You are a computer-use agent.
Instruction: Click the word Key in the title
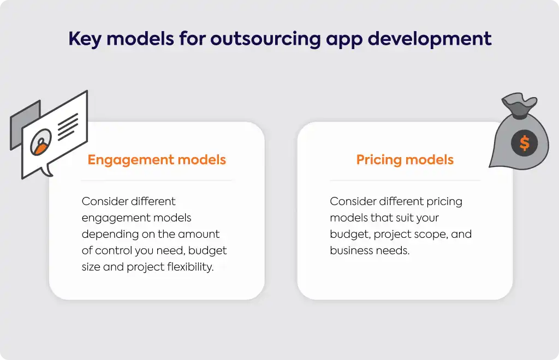tap(85, 39)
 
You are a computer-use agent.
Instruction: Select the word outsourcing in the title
tap(266, 39)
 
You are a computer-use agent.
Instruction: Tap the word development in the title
tap(430, 39)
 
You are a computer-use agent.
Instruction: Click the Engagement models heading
tap(157, 160)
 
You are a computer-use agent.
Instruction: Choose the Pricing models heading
tap(405, 160)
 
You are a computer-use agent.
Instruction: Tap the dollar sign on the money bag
tap(525, 143)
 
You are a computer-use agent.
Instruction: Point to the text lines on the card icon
tap(68, 127)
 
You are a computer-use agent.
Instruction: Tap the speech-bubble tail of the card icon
tap(47, 170)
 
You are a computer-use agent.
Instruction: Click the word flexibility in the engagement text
tap(191, 267)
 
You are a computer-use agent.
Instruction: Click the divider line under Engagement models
tap(157, 181)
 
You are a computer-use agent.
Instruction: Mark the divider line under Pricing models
tap(405, 181)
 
